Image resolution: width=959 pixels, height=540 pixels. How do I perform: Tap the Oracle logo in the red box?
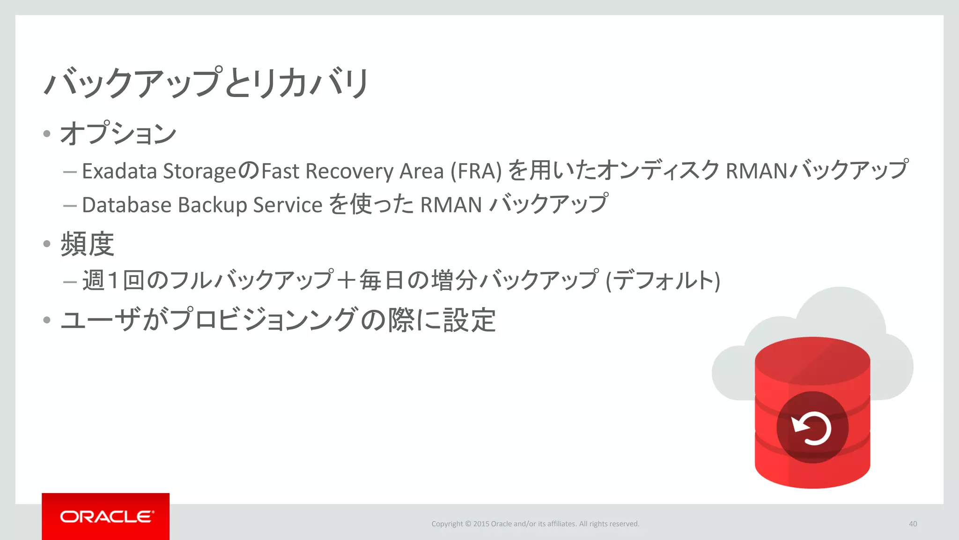[x=106, y=517]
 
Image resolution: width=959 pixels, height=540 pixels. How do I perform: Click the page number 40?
[x=913, y=524]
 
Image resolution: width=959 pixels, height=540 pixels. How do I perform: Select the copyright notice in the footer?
[x=535, y=524]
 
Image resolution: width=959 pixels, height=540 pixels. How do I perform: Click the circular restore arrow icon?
[x=812, y=427]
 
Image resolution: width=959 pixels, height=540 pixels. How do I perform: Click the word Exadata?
[x=119, y=171]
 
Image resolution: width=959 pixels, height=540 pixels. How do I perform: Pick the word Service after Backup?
[x=288, y=205]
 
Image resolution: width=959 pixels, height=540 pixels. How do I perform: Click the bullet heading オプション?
[x=118, y=134]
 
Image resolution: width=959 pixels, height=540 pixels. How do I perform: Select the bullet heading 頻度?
[x=88, y=244]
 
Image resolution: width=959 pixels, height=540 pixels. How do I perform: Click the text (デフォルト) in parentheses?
[x=663, y=281]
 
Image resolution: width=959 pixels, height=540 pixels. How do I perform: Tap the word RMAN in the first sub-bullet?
[x=757, y=171]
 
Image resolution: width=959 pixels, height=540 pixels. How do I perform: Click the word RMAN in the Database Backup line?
[x=451, y=205]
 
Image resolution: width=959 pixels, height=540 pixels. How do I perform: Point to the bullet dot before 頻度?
[x=46, y=244]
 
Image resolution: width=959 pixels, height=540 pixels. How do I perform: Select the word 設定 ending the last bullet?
[x=469, y=320]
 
